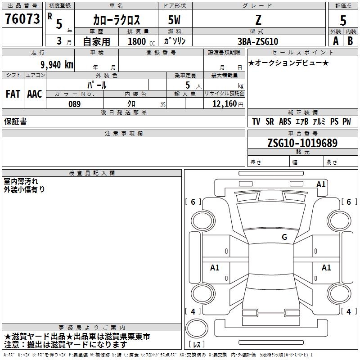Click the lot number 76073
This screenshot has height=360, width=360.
click(x=22, y=19)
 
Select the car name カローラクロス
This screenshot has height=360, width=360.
click(x=117, y=20)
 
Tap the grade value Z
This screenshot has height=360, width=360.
click(x=258, y=20)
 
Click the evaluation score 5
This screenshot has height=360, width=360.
click(x=343, y=20)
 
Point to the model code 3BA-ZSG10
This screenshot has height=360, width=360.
click(x=258, y=41)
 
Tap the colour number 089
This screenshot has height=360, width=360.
click(x=74, y=104)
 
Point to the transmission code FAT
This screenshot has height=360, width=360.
click(x=13, y=94)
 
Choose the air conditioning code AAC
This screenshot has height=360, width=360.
click(x=35, y=94)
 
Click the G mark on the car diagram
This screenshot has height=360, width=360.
click(x=284, y=237)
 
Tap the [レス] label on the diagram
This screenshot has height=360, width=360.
click(x=197, y=345)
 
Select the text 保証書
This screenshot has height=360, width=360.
click(x=15, y=121)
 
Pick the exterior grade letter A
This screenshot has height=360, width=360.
click(x=336, y=41)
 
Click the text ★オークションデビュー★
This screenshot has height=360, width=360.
click(x=288, y=63)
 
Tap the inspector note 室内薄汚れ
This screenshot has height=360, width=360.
click(x=21, y=181)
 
